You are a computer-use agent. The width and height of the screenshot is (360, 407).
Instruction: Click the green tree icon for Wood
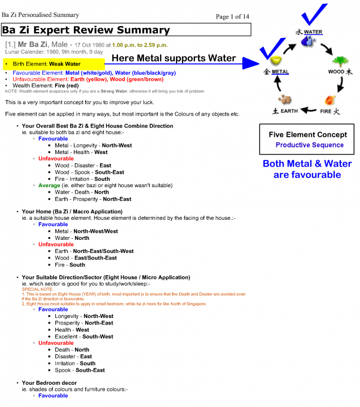point(339,61)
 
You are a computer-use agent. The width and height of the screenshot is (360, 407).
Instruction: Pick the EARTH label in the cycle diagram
point(289,111)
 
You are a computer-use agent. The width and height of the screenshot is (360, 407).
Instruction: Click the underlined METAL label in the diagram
point(280,72)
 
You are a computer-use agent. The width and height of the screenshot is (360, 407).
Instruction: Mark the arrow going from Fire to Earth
point(308,110)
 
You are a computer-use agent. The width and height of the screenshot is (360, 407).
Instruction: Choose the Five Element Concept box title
point(308,135)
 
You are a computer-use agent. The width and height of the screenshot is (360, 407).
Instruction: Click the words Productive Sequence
point(310,145)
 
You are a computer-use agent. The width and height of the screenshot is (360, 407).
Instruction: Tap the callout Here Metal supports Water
point(174,58)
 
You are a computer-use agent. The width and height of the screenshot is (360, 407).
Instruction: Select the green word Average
point(49,186)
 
